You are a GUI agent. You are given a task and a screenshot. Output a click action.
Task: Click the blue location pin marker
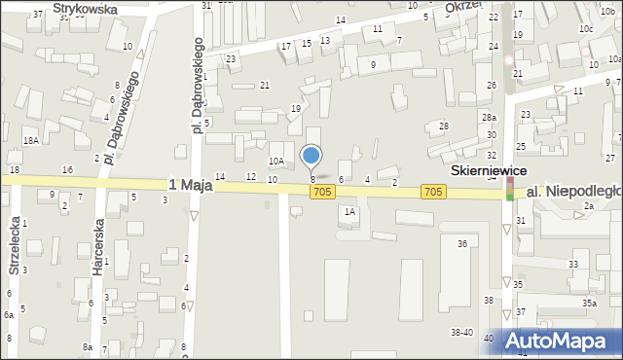click(311, 156)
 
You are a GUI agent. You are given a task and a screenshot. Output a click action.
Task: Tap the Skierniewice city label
click(488, 169)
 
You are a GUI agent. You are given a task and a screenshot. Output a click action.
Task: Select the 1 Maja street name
click(190, 184)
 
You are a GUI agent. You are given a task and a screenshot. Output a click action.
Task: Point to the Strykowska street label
click(86, 8)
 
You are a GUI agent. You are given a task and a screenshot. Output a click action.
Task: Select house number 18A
click(31, 141)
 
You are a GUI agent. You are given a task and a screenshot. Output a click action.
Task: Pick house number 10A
click(276, 162)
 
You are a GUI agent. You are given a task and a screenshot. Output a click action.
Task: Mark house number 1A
click(348, 210)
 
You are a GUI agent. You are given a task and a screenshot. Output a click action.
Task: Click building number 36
click(462, 243)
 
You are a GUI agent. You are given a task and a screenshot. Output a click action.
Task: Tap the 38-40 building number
click(461, 333)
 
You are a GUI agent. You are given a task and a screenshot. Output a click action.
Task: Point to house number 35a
click(589, 304)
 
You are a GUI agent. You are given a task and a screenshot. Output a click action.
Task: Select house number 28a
click(489, 118)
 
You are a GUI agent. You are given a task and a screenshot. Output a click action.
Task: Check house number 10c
click(585, 29)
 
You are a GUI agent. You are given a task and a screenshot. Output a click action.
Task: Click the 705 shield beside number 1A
click(323, 194)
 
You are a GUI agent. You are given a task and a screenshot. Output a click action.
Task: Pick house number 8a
click(88, 347)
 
